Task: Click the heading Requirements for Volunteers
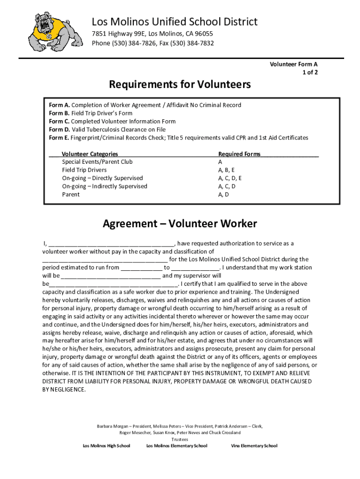(180, 84)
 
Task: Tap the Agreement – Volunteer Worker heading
(180, 224)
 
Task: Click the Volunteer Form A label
(294, 65)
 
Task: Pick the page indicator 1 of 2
(310, 73)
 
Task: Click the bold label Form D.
(59, 130)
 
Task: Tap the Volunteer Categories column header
(90, 154)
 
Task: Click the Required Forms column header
(239, 154)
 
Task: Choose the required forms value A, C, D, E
(230, 178)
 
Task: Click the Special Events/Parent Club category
(97, 162)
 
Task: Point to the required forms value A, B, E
(226, 170)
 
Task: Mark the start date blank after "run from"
(141, 268)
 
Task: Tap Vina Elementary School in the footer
(254, 446)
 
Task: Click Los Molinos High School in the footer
(107, 446)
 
